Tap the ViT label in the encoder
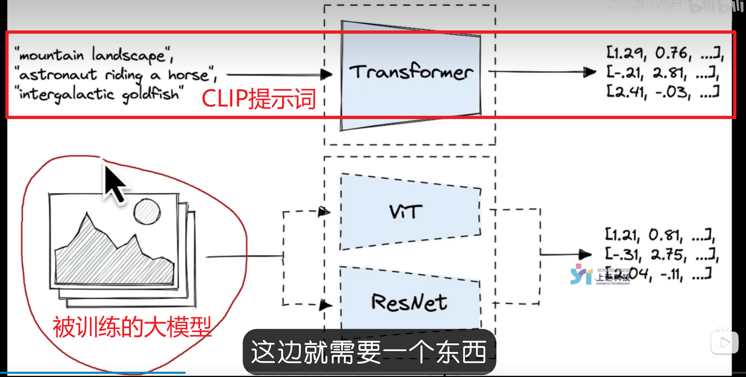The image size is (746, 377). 405,212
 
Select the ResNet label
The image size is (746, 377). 409,303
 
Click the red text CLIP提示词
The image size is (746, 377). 259,99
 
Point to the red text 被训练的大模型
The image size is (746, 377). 132,327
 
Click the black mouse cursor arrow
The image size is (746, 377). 114,184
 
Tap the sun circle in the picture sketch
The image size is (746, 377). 147,212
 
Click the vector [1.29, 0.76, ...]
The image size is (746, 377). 664,53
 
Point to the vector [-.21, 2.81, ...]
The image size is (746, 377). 662,73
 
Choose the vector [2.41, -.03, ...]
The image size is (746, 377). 662,92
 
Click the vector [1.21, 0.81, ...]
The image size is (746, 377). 660,235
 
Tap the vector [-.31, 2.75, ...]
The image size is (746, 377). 661,254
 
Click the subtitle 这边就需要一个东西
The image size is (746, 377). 369,352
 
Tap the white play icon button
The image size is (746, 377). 724,343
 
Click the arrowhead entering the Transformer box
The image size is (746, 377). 326,74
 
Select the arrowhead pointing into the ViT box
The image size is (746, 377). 324,211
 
